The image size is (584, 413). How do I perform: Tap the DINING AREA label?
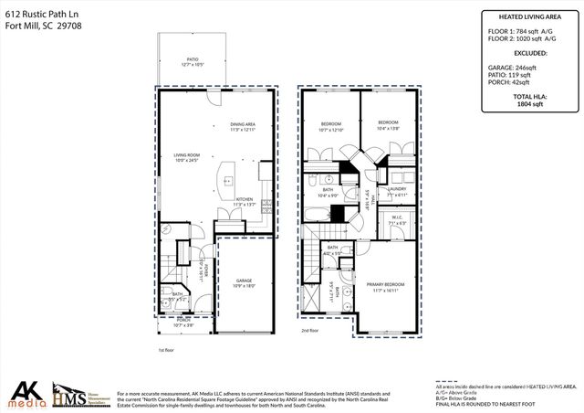tap(242, 125)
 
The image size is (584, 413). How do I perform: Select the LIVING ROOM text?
tap(187, 155)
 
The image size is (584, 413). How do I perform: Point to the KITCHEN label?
tap(245, 199)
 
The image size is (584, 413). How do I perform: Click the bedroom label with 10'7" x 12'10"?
tap(329, 124)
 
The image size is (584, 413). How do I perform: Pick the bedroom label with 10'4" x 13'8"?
tap(389, 124)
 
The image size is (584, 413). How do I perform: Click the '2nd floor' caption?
tap(310, 331)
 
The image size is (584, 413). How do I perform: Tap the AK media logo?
tap(25, 393)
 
